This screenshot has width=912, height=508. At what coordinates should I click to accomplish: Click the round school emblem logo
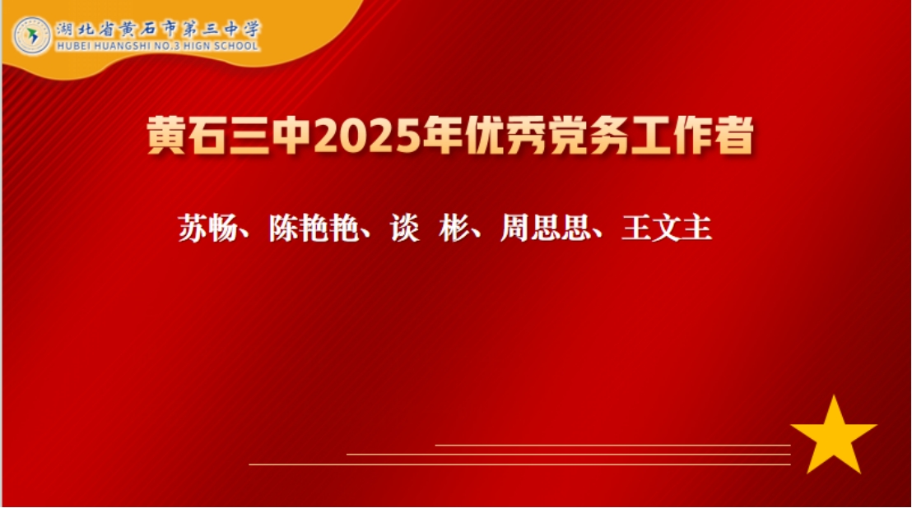pyautogui.click(x=33, y=35)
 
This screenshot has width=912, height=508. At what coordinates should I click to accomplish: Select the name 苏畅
pyautogui.click(x=207, y=228)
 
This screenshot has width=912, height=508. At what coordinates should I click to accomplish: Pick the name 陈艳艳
pyautogui.click(x=314, y=228)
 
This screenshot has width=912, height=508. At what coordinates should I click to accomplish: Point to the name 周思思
pyautogui.click(x=546, y=228)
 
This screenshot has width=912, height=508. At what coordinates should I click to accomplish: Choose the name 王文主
pyautogui.click(x=667, y=228)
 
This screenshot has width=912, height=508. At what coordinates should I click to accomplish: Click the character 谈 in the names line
pyautogui.click(x=405, y=228)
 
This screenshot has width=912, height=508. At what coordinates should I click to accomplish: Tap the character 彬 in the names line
pyautogui.click(x=454, y=228)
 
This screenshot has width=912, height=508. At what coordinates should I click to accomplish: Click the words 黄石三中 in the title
pyautogui.click(x=230, y=136)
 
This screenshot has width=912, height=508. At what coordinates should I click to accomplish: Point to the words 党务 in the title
pyautogui.click(x=588, y=136)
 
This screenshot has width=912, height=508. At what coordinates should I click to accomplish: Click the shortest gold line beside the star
pyautogui.click(x=612, y=446)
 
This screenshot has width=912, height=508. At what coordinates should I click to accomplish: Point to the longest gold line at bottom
pyautogui.click(x=519, y=464)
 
